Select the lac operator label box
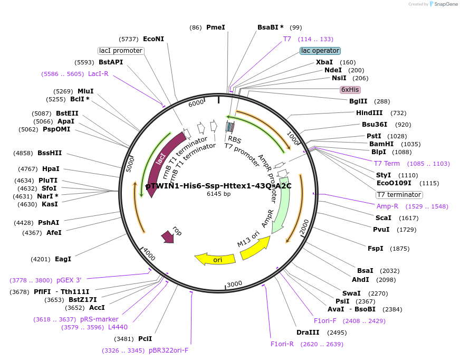point(320,51)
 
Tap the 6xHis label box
point(350,90)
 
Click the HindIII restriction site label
point(369,113)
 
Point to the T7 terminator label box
point(399,195)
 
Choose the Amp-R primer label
point(387,206)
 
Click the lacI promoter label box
point(121,51)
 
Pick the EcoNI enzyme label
point(154,39)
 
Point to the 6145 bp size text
point(218,194)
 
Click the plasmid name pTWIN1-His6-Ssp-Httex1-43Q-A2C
point(218,186)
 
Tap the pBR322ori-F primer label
point(168,350)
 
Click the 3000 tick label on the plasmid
point(234,283)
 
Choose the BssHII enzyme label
point(50,153)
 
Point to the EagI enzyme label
point(63,259)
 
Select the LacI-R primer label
point(98,74)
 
